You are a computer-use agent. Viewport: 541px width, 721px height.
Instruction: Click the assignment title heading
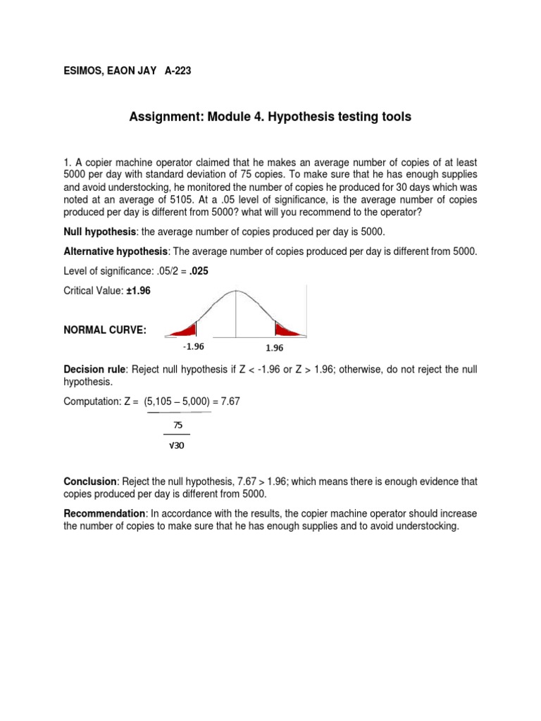[270, 117]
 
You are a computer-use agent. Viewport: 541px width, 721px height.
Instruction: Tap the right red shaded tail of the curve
[287, 330]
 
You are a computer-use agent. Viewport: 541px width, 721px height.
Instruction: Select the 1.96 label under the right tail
[275, 348]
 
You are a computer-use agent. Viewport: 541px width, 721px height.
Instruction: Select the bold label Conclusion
[89, 481]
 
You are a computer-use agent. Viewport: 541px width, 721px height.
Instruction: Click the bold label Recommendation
[106, 513]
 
